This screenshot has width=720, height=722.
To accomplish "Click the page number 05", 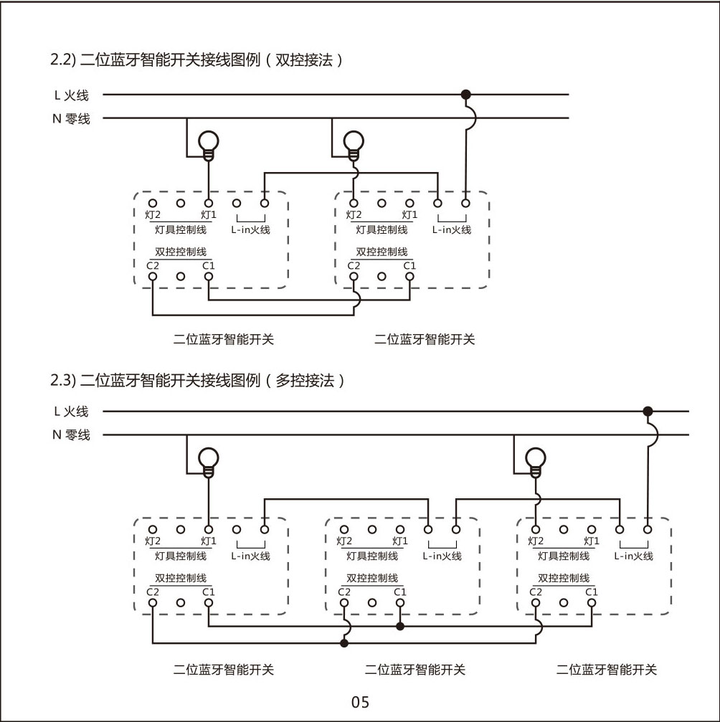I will pyautogui.click(x=360, y=702).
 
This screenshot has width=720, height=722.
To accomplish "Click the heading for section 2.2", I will pyautogui.click(x=195, y=60).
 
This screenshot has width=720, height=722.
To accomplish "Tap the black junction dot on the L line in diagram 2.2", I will pyautogui.click(x=465, y=94).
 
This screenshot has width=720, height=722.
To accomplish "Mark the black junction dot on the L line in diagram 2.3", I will pyautogui.click(x=648, y=411).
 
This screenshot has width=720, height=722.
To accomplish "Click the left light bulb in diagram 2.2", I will pyautogui.click(x=208, y=143).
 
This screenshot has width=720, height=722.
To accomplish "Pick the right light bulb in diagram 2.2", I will pyautogui.click(x=354, y=143).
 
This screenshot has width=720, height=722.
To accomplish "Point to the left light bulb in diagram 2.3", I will pyautogui.click(x=208, y=460).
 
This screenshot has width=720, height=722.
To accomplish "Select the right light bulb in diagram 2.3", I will pyautogui.click(x=535, y=460).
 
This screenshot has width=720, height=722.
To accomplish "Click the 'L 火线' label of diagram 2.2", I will pyautogui.click(x=71, y=95).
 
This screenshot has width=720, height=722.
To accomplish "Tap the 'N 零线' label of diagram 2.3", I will pyautogui.click(x=71, y=434).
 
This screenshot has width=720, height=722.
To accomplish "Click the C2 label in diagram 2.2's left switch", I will pyautogui.click(x=153, y=265).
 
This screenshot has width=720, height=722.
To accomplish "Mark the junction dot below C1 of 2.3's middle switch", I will pyautogui.click(x=400, y=626).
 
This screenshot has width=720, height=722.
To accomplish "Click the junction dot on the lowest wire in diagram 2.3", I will pyautogui.click(x=344, y=643).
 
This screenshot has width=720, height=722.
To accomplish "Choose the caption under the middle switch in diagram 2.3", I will pyautogui.click(x=415, y=670).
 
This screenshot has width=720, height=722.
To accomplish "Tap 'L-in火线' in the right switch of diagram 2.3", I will pyautogui.click(x=633, y=556).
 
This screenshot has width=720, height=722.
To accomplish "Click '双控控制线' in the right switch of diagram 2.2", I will pyautogui.click(x=382, y=252).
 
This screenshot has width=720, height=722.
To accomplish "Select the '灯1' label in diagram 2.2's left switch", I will pyautogui.click(x=208, y=214).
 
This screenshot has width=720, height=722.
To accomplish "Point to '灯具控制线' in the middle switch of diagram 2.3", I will pyautogui.click(x=371, y=556).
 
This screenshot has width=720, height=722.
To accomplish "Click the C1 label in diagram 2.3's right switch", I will pyautogui.click(x=591, y=592).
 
